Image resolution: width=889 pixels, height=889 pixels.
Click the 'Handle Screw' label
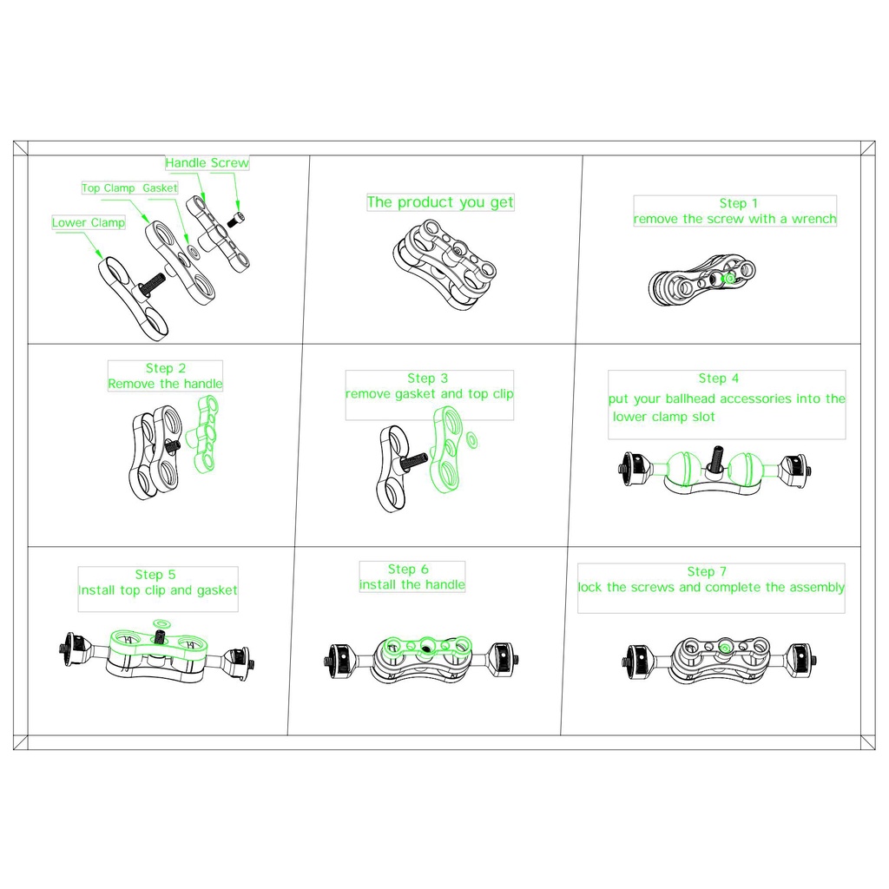(x=207, y=163)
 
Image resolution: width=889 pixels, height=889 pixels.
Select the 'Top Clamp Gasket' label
(x=129, y=188)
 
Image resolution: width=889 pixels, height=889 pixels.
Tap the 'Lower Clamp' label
(x=88, y=223)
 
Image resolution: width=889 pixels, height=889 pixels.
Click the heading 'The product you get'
(x=440, y=202)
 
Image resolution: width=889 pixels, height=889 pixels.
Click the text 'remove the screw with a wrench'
(x=734, y=220)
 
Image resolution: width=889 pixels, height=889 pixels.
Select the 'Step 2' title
(x=165, y=368)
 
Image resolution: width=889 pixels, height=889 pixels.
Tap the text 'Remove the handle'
(x=165, y=384)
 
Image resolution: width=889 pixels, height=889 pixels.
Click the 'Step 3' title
(x=427, y=379)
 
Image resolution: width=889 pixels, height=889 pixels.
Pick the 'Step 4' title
(x=719, y=379)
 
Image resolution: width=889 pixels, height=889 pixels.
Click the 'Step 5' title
(x=155, y=575)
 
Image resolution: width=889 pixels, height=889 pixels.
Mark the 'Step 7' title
(x=706, y=571)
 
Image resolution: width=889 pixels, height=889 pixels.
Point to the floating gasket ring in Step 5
(x=161, y=623)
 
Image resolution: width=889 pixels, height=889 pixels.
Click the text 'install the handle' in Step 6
(x=412, y=585)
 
